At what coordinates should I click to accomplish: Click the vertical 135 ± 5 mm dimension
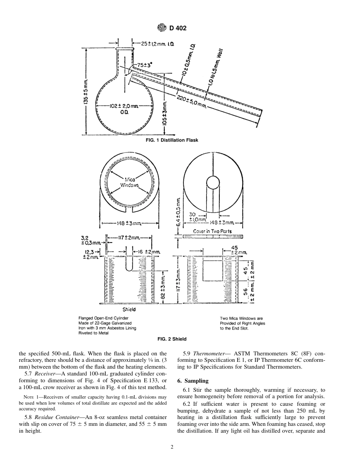[x=86, y=94]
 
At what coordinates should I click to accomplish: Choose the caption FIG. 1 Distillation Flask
[x=172, y=140]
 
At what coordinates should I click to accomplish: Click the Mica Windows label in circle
[x=129, y=183]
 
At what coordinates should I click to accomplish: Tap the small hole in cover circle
[x=213, y=182]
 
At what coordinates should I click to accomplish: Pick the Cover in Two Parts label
[x=212, y=231]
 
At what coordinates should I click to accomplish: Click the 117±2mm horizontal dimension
[x=129, y=238]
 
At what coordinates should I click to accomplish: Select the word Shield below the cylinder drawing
[x=129, y=310]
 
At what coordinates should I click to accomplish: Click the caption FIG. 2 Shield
[x=172, y=339]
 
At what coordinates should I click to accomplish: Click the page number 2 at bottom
[x=172, y=447]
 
